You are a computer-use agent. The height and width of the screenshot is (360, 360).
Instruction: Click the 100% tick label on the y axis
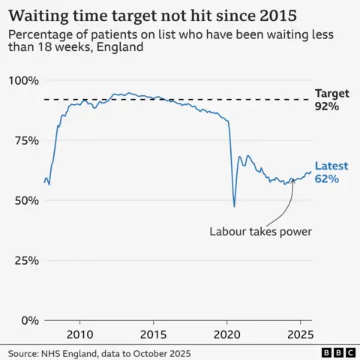24,80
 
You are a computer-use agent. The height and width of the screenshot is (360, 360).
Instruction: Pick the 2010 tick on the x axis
80,333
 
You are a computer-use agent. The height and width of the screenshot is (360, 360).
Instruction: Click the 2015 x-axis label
154,333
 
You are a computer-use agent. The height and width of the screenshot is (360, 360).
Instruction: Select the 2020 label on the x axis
227,333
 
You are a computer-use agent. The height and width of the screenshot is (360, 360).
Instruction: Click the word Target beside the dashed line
332,94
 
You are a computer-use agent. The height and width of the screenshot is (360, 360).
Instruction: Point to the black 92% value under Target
327,107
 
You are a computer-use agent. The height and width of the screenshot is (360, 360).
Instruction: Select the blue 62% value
327,179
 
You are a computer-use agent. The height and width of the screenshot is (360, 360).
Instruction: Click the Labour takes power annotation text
260,231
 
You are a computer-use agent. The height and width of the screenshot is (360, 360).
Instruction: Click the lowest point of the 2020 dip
235,206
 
